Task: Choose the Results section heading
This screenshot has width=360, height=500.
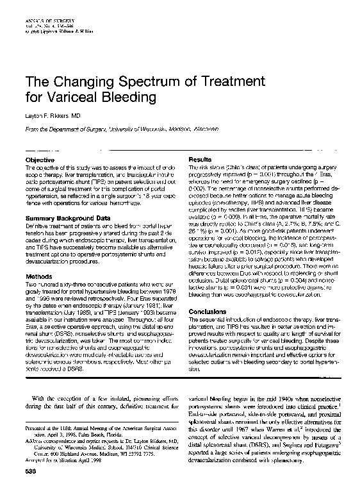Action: tap(199, 158)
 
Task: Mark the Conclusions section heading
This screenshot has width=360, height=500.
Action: tap(208, 312)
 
